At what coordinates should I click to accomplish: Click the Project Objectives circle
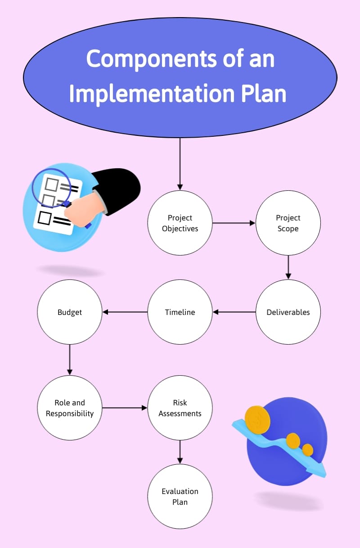click(180, 223)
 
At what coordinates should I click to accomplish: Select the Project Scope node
click(288, 223)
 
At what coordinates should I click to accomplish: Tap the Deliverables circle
click(288, 312)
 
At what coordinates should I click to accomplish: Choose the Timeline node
click(180, 312)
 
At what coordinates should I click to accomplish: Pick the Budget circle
click(70, 312)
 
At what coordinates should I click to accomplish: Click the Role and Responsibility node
click(70, 408)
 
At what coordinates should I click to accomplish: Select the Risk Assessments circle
click(180, 408)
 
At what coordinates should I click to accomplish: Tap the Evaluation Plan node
click(180, 496)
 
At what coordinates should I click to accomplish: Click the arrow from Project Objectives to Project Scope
click(234, 223)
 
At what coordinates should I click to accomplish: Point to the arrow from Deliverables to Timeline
click(234, 312)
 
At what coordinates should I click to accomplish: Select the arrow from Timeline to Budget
click(125, 312)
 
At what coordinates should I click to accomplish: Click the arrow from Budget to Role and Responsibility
click(70, 359)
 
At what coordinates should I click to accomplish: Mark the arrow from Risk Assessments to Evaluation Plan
click(180, 452)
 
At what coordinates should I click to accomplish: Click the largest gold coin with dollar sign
click(257, 420)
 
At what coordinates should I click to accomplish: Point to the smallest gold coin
click(308, 450)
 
